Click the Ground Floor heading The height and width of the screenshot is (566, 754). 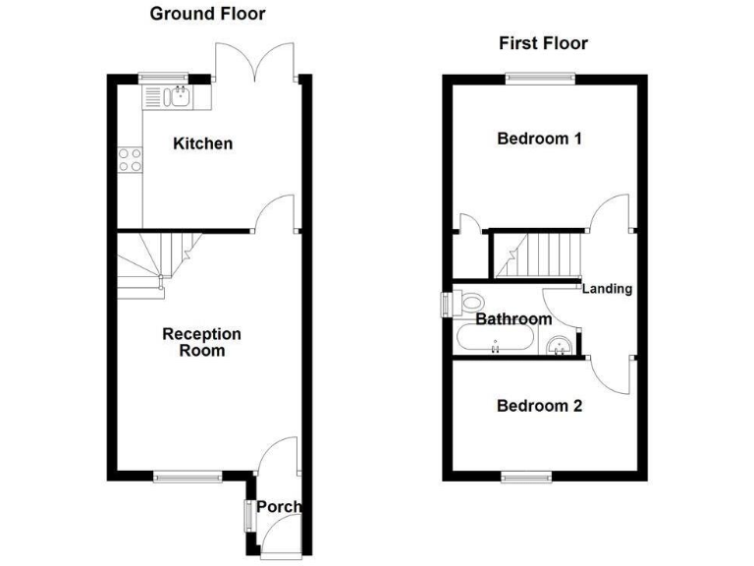206,14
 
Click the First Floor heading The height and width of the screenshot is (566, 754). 543,43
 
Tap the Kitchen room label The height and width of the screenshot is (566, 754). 203,144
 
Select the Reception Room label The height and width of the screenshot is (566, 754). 201,342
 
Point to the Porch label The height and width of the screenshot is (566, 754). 279,508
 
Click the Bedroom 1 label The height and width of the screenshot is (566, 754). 539,139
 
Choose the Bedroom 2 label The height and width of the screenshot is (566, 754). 539,406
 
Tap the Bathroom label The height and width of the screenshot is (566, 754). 513,319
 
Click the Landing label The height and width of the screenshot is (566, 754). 607,289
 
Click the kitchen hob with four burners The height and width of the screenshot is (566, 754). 131,159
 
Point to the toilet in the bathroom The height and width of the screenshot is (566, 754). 465,304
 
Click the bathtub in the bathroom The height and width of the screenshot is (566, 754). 496,340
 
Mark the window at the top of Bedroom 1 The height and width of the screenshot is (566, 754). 539,78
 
